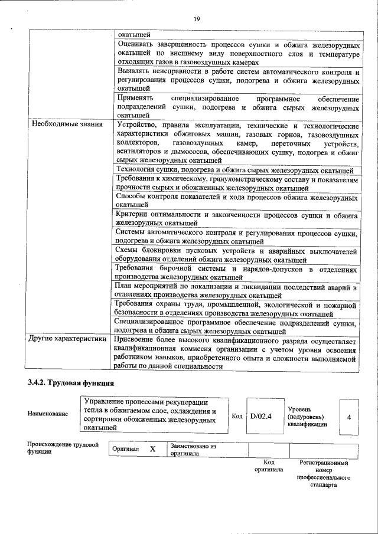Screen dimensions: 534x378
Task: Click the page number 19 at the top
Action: pyautogui.click(x=197, y=19)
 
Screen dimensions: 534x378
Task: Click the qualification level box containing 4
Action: pyautogui.click(x=349, y=417)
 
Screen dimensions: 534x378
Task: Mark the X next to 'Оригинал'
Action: pyautogui.click(x=152, y=449)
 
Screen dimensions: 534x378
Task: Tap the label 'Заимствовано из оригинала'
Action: pyautogui.click(x=193, y=450)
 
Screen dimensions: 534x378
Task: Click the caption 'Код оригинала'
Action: pyautogui.click(x=269, y=466)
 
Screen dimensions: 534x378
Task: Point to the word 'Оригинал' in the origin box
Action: pyautogui.click(x=126, y=450)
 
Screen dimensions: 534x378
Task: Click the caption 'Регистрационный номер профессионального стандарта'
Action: pyautogui.click(x=324, y=474)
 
